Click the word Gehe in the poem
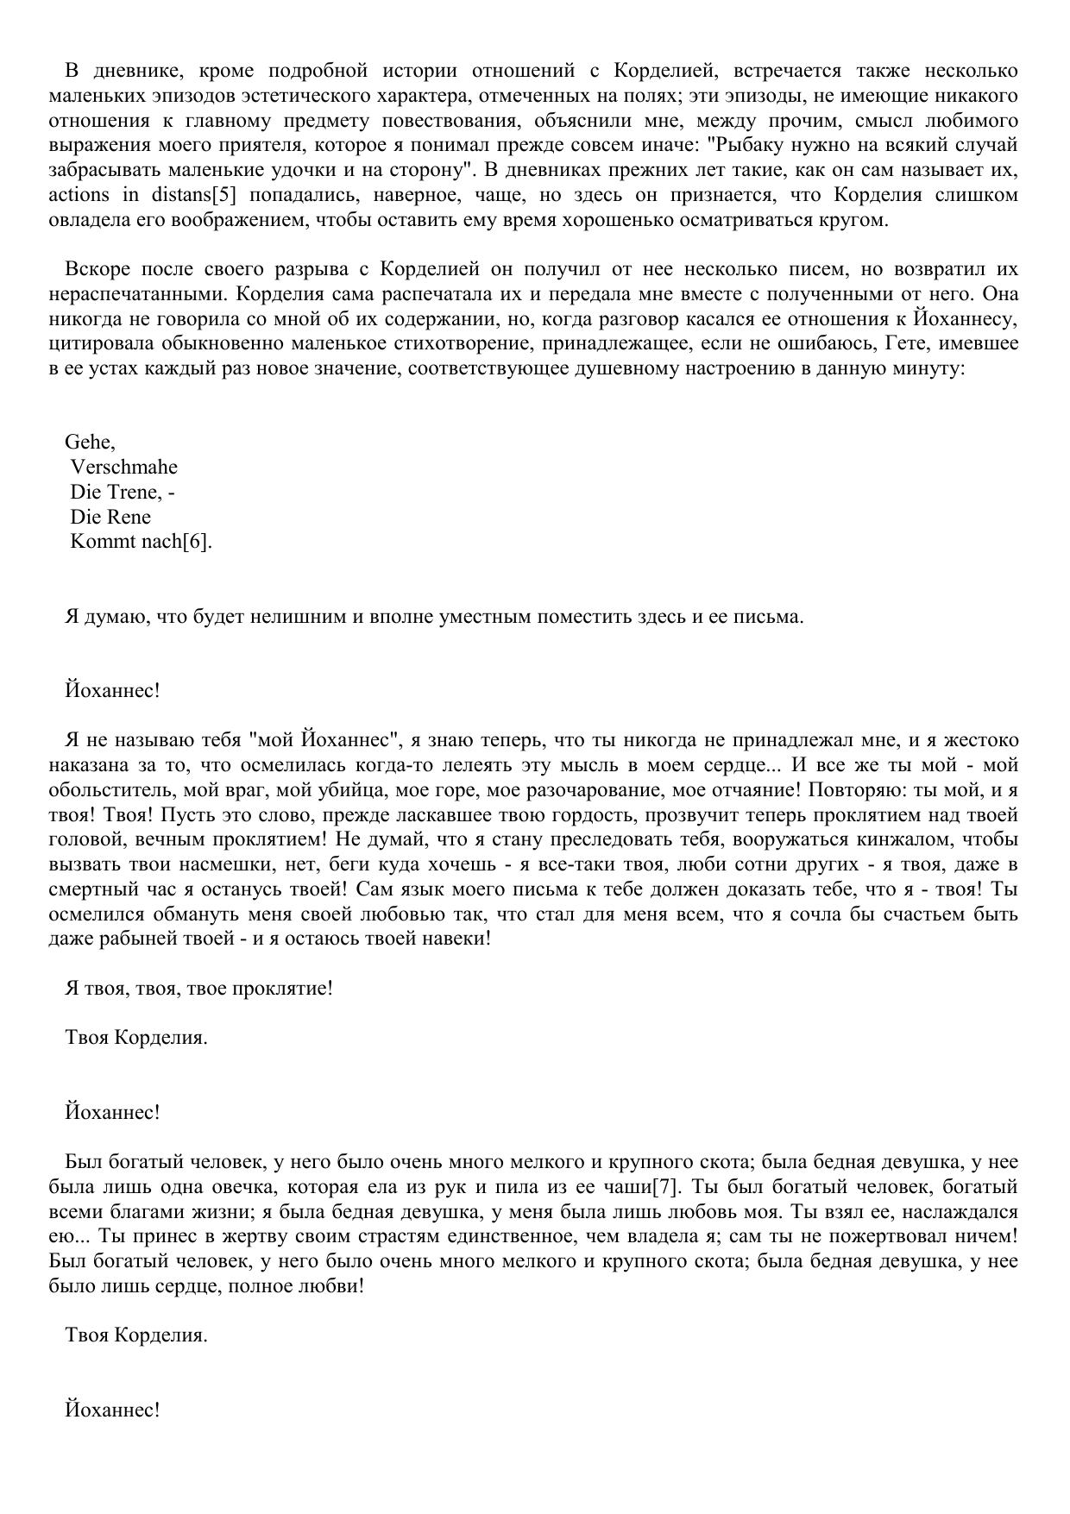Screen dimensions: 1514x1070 (88, 443)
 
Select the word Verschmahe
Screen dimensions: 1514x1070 (124, 468)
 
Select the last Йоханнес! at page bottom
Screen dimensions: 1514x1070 (112, 1410)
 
